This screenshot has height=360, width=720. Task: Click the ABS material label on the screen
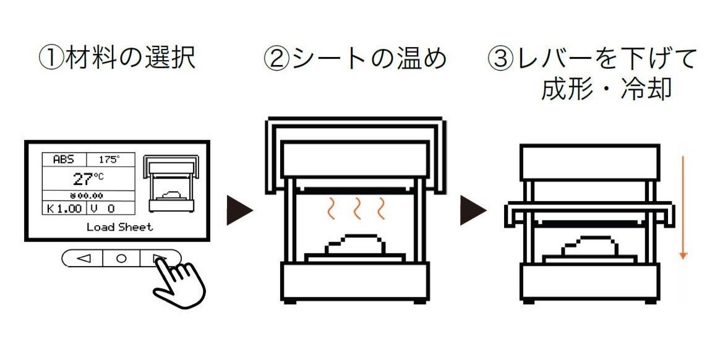coord(63,160)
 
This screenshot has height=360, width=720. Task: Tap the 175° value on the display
coord(109,160)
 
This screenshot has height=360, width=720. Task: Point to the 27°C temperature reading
coord(88,179)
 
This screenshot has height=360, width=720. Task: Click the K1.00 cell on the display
coord(64,208)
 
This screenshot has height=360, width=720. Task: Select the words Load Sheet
coord(119,227)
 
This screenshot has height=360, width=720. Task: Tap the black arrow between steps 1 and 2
coord(239,210)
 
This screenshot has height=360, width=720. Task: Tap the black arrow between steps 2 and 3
coord(473,210)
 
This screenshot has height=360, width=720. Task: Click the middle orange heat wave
coord(357,210)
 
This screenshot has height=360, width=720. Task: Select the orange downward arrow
coord(683,207)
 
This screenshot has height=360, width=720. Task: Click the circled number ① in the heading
coord(50,59)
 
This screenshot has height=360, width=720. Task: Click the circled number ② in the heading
coord(276,59)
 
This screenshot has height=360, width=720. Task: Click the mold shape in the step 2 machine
coord(356,245)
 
